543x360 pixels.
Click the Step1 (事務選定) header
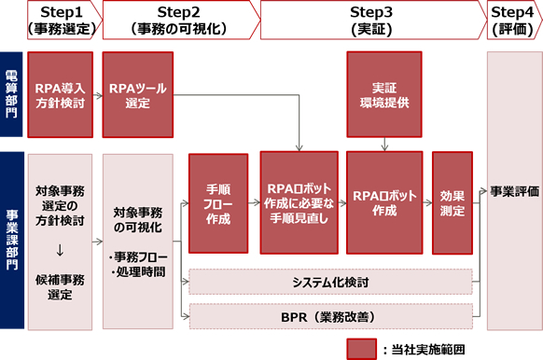point(61,20)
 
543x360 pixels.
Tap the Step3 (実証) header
point(371,20)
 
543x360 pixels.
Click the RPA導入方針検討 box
point(61,93)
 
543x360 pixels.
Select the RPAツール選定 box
point(136,93)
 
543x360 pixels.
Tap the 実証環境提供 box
point(385,93)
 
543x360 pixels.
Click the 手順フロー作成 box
point(217,204)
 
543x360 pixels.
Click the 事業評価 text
point(514,191)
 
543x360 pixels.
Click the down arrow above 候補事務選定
point(61,249)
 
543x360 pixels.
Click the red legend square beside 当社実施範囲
point(362,348)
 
